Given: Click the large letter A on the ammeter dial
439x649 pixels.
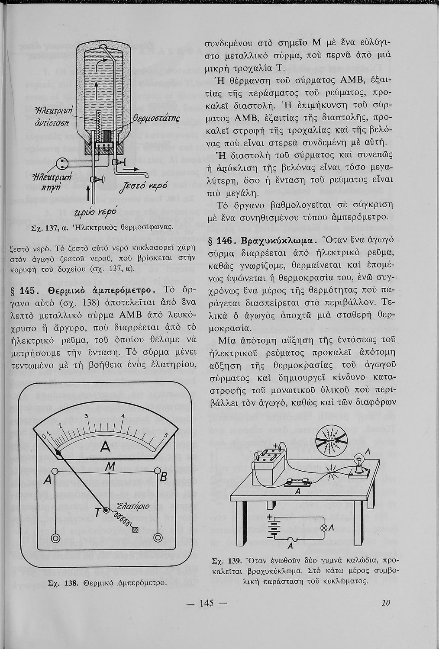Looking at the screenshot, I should (x=105, y=447).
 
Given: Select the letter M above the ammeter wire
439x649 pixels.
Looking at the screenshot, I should (x=110, y=466).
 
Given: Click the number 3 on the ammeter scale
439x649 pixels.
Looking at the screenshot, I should (x=86, y=416).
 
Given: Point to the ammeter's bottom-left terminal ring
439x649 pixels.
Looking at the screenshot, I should (x=55, y=538).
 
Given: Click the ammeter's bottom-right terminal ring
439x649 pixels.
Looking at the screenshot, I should (x=158, y=538).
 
